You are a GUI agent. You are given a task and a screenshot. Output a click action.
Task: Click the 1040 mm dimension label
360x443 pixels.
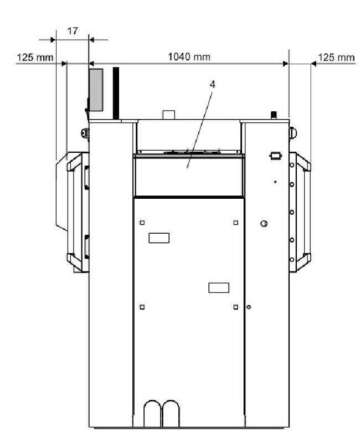[x=189, y=57]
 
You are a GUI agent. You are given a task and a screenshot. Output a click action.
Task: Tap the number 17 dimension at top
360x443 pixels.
[x=73, y=31]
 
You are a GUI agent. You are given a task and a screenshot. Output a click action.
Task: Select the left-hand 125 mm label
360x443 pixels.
[x=35, y=58]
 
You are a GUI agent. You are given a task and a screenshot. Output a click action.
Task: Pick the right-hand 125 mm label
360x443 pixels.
[x=336, y=58]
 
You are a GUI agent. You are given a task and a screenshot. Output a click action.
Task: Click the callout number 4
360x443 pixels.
[x=212, y=85]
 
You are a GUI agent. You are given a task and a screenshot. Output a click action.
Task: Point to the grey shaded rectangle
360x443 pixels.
[x=96, y=90]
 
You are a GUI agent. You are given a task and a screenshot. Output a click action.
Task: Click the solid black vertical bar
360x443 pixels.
[x=116, y=93]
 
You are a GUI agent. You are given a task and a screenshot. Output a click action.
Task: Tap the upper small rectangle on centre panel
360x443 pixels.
[x=159, y=238]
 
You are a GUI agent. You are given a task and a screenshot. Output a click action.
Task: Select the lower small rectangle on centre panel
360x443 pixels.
[x=219, y=287]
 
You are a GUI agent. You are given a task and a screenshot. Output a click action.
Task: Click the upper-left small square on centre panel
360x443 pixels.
[x=142, y=223]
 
